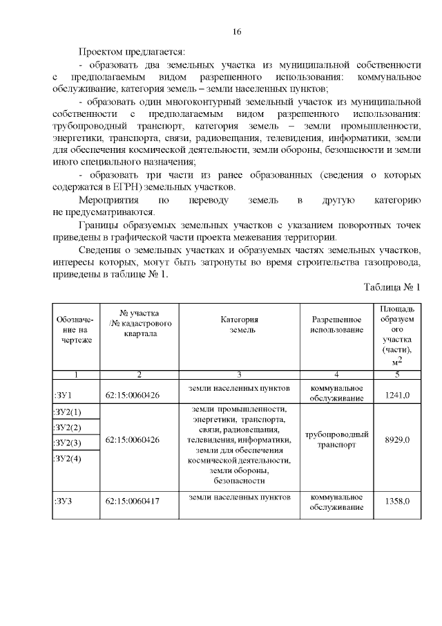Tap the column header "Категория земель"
(x=239, y=325)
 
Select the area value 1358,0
(x=397, y=501)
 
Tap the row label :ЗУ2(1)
(x=67, y=413)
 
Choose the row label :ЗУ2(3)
(x=67, y=443)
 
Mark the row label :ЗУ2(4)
(x=67, y=459)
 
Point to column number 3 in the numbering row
(x=239, y=375)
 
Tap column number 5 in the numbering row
(x=397, y=375)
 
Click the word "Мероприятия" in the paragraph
(x=105, y=201)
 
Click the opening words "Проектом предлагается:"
(x=132, y=52)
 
